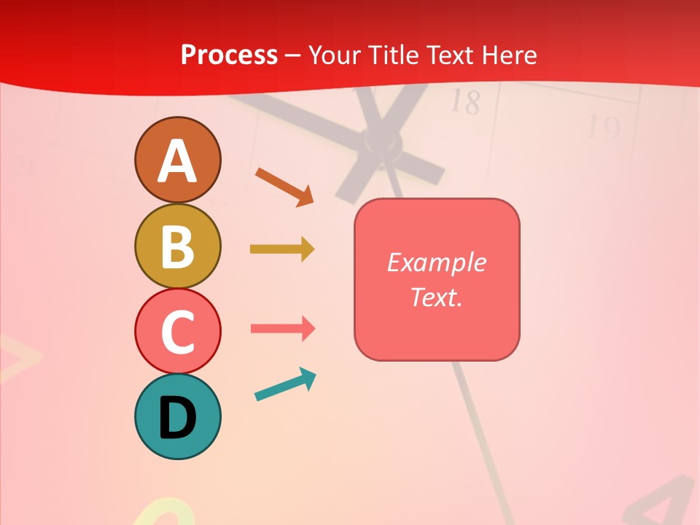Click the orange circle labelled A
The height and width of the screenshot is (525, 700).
click(177, 160)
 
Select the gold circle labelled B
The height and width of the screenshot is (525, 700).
click(177, 246)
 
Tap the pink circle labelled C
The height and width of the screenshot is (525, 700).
click(177, 331)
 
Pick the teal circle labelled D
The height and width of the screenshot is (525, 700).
click(177, 416)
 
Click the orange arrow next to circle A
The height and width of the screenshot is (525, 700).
click(284, 186)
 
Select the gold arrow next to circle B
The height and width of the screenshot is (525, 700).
click(282, 249)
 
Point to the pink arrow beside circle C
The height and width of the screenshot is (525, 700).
click(283, 328)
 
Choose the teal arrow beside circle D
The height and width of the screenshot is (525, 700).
click(285, 385)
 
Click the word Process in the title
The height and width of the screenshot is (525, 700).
click(229, 55)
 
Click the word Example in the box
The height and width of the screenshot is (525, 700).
click(436, 262)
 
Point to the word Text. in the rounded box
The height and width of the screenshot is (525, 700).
click(436, 297)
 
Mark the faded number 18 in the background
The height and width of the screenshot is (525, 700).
click(464, 102)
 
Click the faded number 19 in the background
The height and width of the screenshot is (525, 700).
click(604, 128)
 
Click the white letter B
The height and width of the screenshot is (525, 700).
click(177, 246)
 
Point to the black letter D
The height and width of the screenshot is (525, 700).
click(177, 418)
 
